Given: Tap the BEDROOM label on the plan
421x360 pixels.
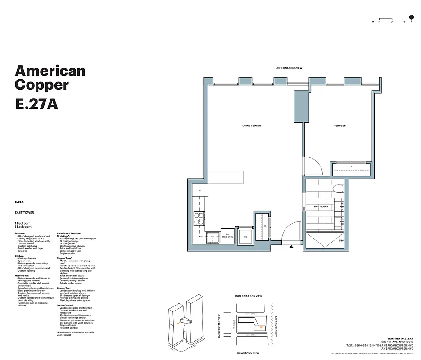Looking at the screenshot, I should (340, 126).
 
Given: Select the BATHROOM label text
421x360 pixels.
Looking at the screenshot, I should (321, 207).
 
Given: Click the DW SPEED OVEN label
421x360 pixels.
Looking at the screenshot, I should (228, 234).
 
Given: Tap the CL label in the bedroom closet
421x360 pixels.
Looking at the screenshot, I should (351, 166).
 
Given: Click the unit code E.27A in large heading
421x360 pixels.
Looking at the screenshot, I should (36, 103).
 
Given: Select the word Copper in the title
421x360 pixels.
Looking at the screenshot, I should (41, 84).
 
